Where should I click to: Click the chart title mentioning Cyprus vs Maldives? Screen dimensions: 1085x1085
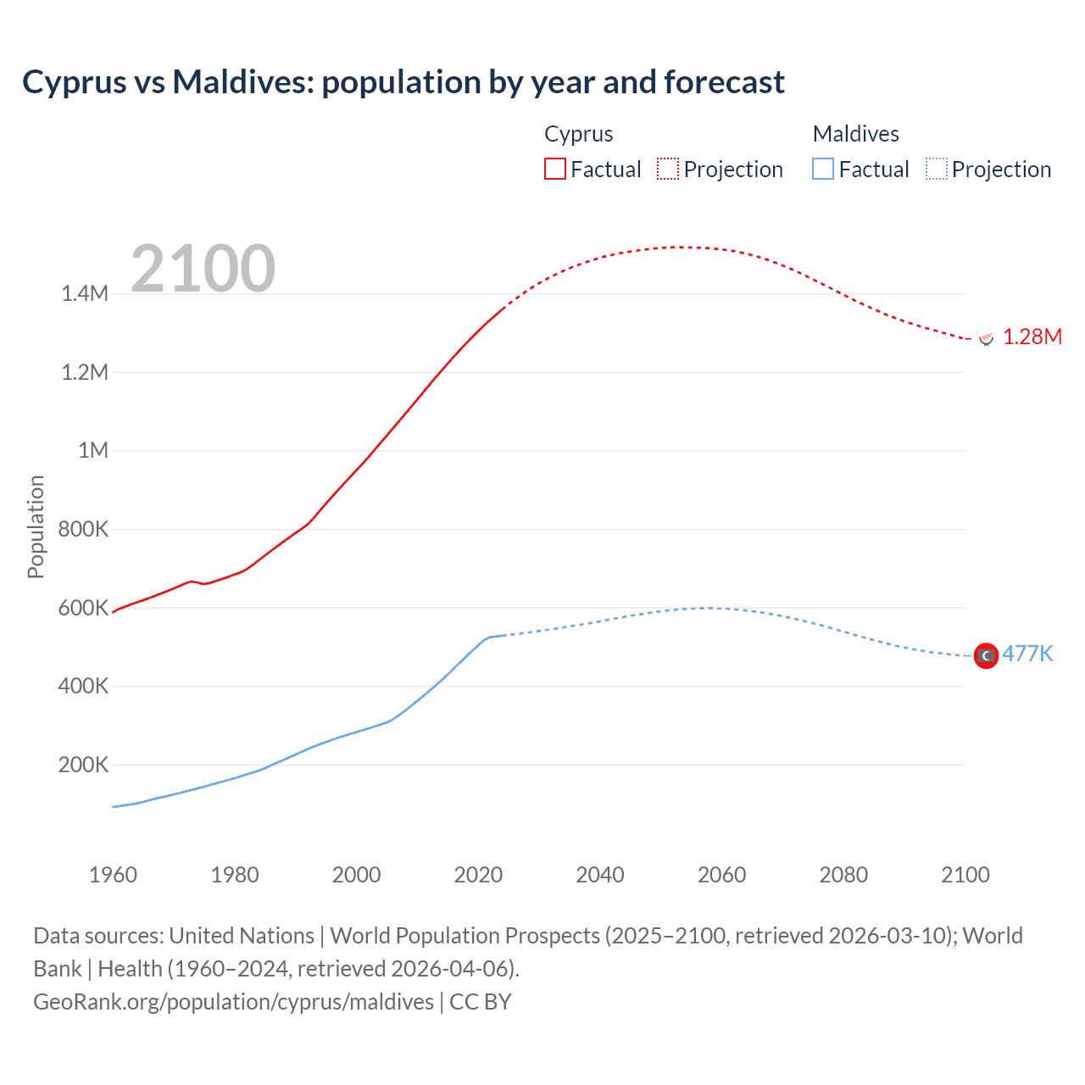coord(403,82)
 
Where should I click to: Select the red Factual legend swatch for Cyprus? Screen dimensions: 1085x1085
coord(554,169)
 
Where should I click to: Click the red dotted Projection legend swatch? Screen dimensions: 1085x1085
coord(668,169)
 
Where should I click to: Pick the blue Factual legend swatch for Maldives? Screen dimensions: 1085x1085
coord(823,169)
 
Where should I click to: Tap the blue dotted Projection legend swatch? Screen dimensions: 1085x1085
coord(937,169)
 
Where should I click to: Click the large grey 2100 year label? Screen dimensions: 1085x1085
coord(203,269)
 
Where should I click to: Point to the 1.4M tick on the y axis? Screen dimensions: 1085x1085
coord(85,294)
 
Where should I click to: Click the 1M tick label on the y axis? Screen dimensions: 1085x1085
coord(93,450)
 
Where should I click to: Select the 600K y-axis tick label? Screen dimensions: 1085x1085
coord(83,608)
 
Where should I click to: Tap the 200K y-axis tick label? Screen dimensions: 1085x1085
coord(83,765)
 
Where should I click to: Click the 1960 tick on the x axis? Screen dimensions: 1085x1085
coord(113,875)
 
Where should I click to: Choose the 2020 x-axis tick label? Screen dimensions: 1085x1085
coord(478,875)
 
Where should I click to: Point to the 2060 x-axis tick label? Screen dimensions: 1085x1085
coord(721,875)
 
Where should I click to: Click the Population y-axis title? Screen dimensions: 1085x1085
coord(36,526)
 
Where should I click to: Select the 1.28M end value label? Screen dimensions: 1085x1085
coord(1032,337)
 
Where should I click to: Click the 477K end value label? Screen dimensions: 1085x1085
coord(1027,654)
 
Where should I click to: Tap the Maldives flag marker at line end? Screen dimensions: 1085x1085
coord(986,655)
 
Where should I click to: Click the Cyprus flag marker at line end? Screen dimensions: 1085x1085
coord(986,337)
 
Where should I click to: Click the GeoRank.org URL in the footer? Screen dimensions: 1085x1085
coord(233,1002)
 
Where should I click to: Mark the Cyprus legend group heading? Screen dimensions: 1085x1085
coord(578,134)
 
